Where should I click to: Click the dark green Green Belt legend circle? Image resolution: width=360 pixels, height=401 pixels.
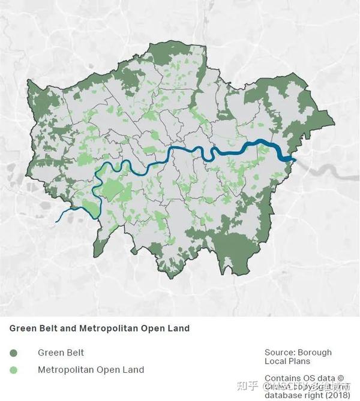(14, 353)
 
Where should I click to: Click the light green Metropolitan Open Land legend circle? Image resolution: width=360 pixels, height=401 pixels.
(14, 370)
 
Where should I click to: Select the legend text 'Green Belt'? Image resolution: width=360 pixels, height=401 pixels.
(61, 353)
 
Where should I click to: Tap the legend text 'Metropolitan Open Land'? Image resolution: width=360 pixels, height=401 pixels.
(91, 370)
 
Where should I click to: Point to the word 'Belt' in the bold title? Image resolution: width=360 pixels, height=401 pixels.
(49, 328)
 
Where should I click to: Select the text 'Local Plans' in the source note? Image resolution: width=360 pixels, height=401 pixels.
(286, 361)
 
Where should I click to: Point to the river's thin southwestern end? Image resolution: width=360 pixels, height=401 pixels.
(58, 221)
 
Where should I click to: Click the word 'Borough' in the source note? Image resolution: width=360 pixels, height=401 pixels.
(314, 352)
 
